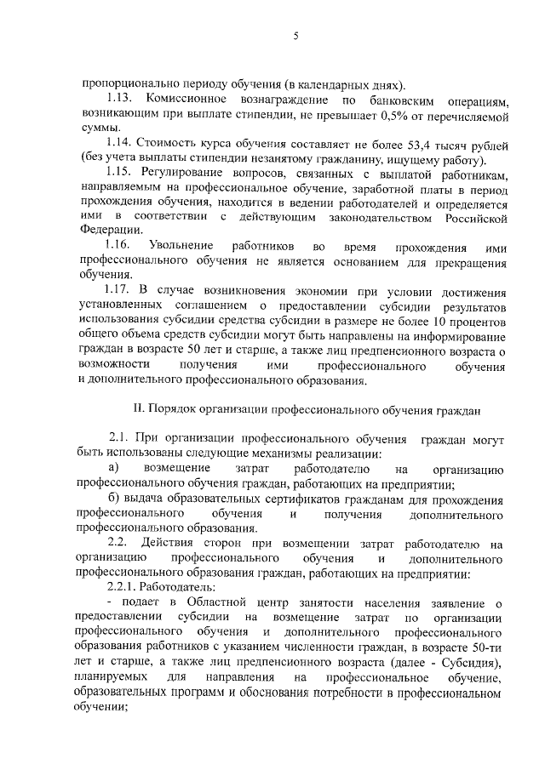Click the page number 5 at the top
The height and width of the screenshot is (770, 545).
pos(295,36)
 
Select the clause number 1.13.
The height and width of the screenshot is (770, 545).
pos(123,99)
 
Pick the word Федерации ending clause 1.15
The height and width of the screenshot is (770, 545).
pos(108,231)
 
